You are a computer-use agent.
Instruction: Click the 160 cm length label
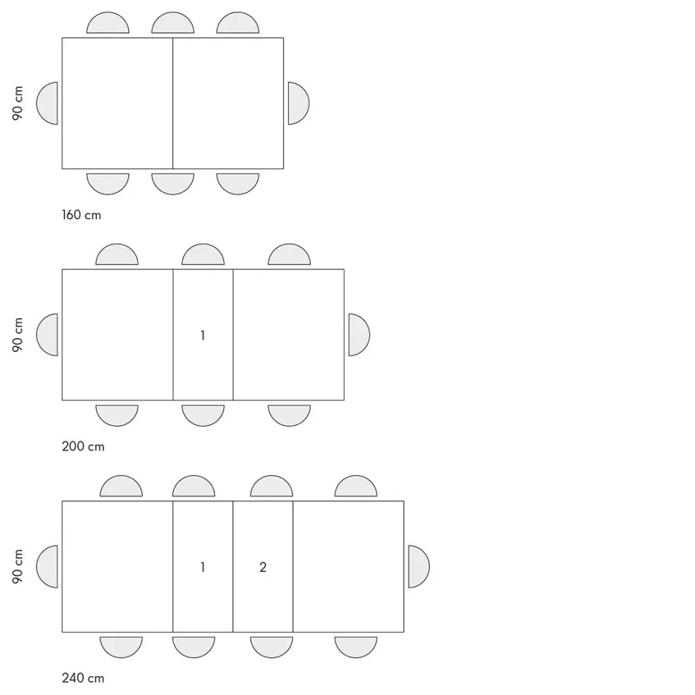pos(82,215)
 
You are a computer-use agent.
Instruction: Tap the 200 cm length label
pos(83,446)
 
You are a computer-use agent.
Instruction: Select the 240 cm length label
pos(83,678)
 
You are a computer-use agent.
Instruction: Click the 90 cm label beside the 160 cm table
pos(17,103)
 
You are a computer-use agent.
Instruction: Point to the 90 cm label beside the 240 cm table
pos(17,567)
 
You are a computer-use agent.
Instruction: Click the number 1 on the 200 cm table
pos(203,335)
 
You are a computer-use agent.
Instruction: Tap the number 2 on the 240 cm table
pos(263,567)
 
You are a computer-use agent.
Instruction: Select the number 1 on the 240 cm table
pos(203,567)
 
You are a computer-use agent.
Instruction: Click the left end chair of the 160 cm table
pos(47,103)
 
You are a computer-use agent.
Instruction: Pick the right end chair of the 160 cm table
pos(299,103)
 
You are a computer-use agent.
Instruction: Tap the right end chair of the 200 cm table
pos(359,335)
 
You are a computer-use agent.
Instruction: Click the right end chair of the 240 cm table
pos(419,567)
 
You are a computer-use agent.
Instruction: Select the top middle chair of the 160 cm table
pos(173,23)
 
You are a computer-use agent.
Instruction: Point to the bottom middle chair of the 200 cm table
pos(203,416)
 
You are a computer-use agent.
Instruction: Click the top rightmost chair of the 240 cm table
pos(356,486)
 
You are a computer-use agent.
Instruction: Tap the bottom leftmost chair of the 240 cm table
pos(121,647)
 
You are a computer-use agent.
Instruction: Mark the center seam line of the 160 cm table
pos(173,103)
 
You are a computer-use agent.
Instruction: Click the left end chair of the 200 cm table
pos(47,335)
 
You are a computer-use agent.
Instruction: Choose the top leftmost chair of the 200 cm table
pos(117,254)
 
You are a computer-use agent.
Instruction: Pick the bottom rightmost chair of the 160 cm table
pos(238,184)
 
